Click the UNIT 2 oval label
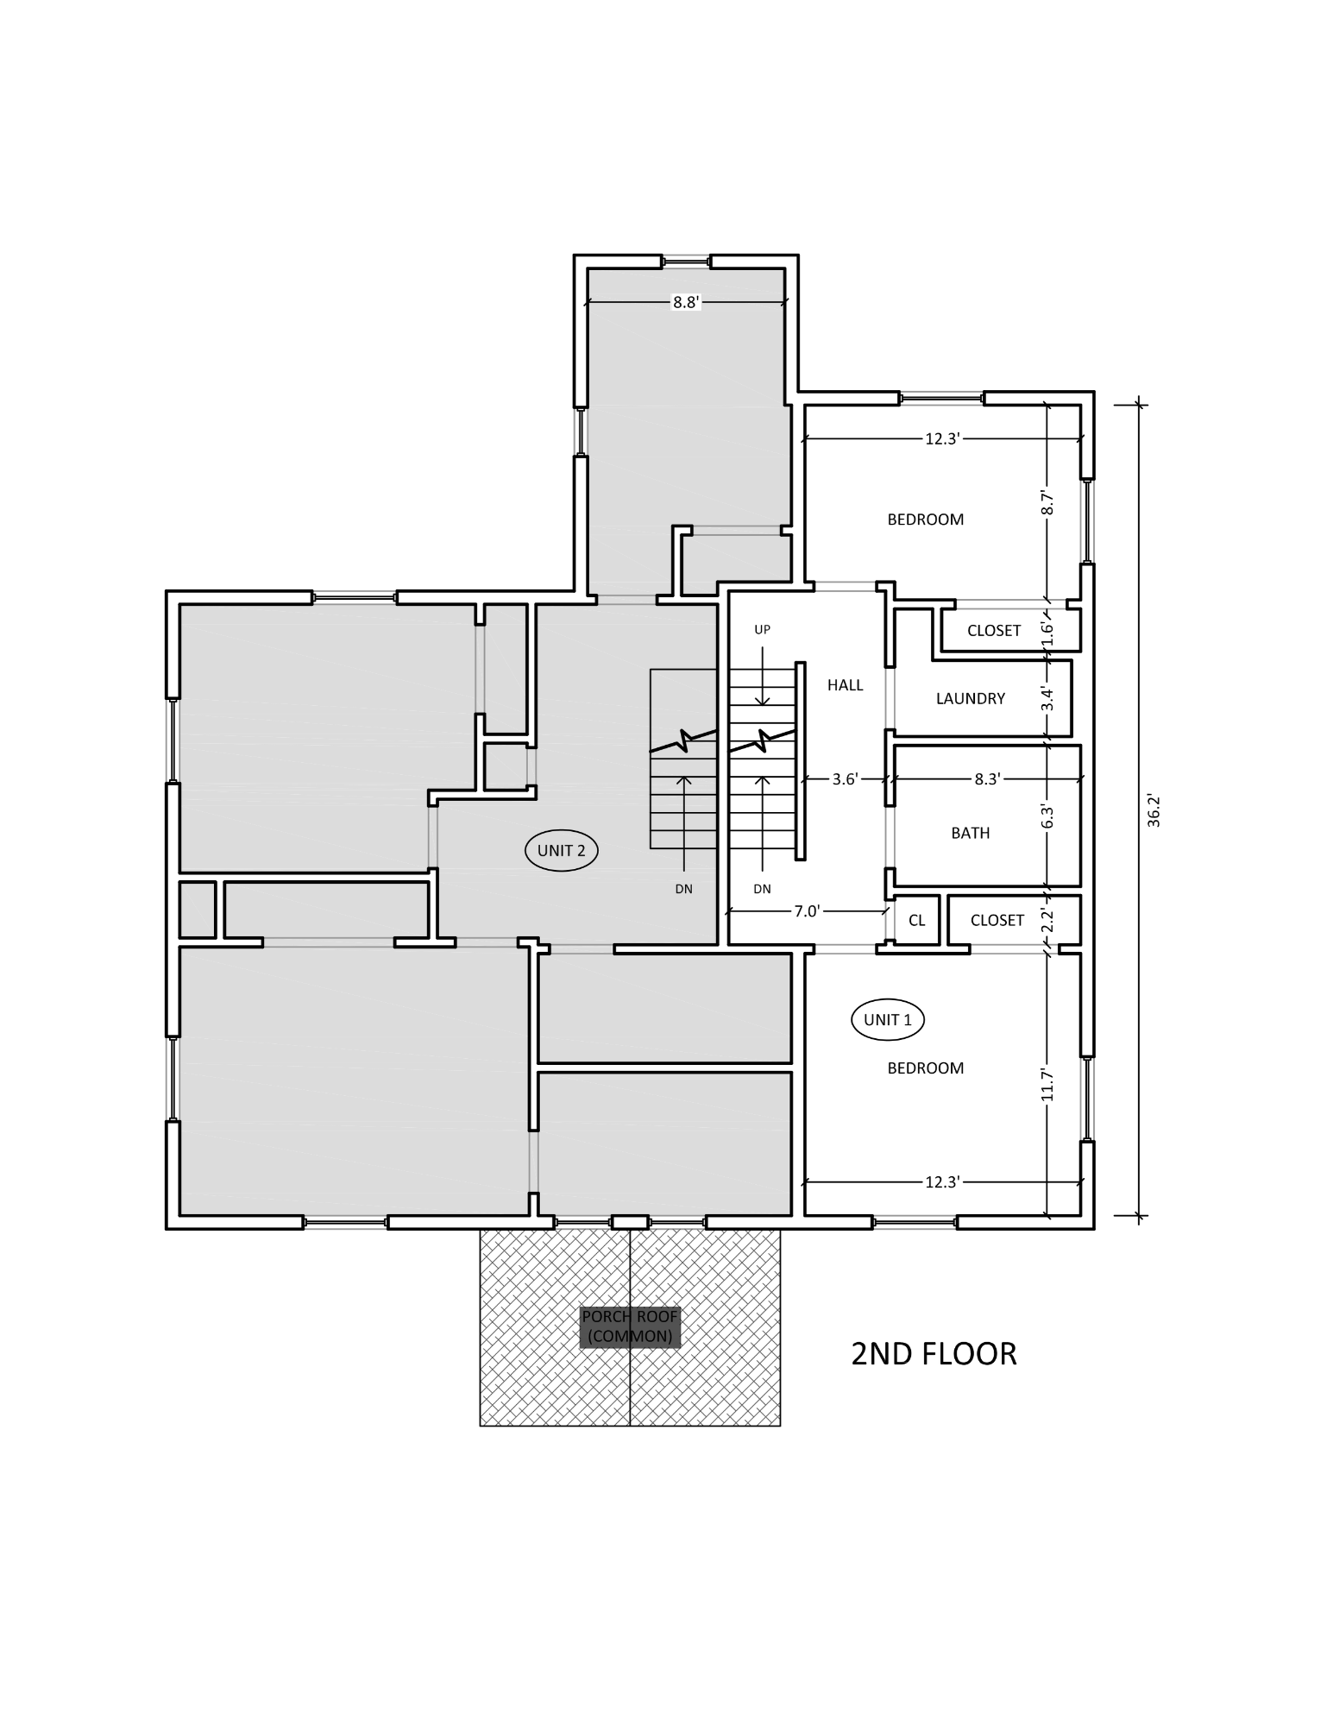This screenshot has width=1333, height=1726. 561,850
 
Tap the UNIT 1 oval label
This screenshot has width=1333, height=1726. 887,1020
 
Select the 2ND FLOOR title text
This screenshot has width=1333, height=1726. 934,1353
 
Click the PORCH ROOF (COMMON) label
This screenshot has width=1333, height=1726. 630,1327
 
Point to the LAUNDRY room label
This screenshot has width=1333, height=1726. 970,698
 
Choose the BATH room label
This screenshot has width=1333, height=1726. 970,833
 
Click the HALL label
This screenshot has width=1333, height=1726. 845,684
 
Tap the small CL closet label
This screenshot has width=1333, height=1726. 916,920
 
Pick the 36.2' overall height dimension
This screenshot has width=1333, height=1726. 1154,809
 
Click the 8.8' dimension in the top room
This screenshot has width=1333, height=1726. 685,302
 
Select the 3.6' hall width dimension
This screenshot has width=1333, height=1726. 845,778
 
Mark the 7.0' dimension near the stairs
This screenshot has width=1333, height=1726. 807,910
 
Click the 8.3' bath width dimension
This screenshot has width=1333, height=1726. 987,778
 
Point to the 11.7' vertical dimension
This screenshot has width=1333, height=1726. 1047,1085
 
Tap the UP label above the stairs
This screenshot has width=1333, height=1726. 762,629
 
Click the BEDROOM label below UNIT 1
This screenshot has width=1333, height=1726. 925,1068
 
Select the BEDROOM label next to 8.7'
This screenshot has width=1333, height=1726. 925,520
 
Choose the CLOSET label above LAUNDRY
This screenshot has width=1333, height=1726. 993,631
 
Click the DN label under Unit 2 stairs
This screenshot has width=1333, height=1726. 683,889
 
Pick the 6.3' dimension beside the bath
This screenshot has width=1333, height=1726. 1047,816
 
